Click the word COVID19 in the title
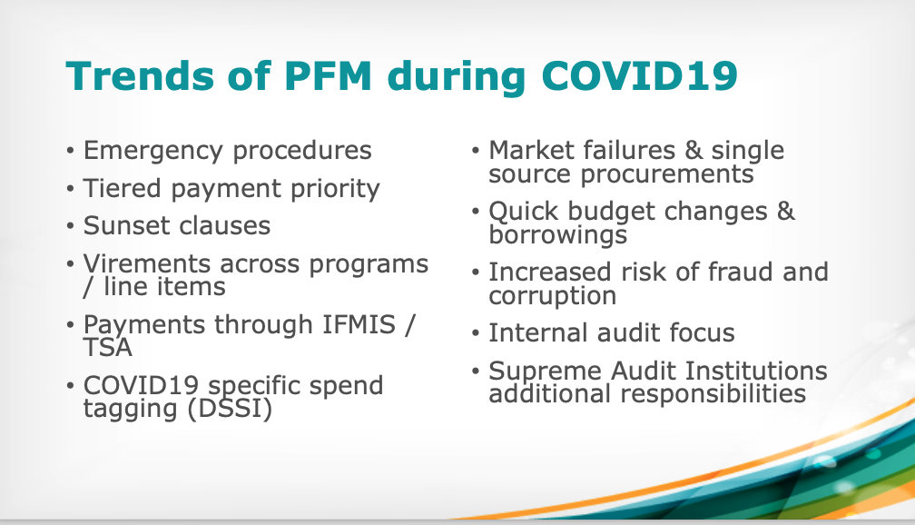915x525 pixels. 640,76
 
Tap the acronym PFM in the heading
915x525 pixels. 329,76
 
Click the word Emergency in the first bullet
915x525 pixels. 152,152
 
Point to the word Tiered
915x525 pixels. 122,188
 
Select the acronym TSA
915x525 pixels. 107,348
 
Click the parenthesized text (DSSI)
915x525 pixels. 230,409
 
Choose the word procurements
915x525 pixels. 667,174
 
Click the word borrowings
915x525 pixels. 558,235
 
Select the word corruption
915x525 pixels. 552,296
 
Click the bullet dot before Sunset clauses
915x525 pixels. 70,226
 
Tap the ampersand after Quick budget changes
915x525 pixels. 785,211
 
